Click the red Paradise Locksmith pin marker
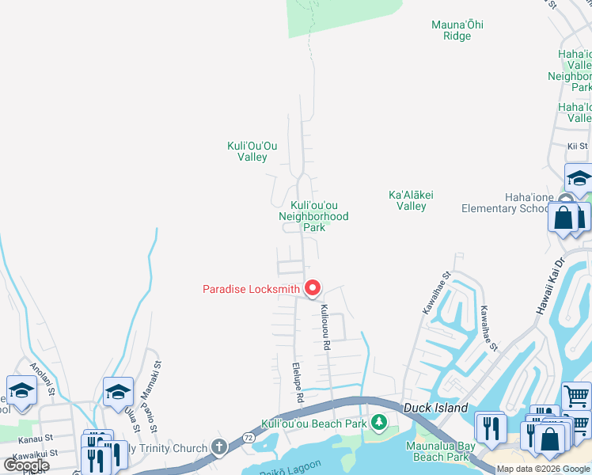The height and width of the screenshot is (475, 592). click(x=313, y=289)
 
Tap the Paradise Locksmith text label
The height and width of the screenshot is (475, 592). click(x=251, y=289)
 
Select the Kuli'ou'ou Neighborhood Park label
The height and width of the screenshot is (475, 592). click(x=313, y=216)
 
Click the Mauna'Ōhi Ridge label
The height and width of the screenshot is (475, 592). click(x=457, y=30)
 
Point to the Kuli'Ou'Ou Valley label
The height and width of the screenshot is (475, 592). click(x=252, y=151)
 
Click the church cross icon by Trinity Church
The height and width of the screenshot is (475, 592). click(x=218, y=448)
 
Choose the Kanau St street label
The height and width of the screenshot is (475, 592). click(x=36, y=437)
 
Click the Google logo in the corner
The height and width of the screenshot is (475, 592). click(x=27, y=465)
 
